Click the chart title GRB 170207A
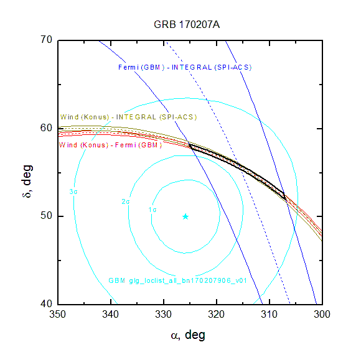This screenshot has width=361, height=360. coord(187,25)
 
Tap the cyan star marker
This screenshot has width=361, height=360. coord(185,217)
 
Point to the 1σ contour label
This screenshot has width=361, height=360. coord(152,210)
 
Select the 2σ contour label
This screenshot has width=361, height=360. coord(126,201)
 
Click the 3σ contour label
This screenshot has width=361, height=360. coord(73,192)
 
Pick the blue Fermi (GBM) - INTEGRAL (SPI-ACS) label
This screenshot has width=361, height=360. coord(185,67)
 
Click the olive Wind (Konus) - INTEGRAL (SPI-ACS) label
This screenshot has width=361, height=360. coord(128,117)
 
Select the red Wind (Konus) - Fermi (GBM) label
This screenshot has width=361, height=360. coord(111,145)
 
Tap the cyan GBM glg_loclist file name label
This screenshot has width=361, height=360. coord(178,280)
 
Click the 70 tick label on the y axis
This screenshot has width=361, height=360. coord(47,40)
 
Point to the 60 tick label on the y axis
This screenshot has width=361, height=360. coord(47,127)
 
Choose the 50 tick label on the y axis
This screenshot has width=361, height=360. coord(47,216)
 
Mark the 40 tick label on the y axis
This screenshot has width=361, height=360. coord(47,303)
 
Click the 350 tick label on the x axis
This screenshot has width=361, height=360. coord(57,314)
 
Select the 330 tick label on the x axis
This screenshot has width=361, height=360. coord(164,314)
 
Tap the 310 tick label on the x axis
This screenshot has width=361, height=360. coord(269,314)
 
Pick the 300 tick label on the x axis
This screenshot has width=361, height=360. coord(322,314)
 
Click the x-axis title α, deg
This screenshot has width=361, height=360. coord(188,335)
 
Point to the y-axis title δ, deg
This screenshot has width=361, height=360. coord(27,182)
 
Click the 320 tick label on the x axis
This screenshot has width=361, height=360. coord(216,314)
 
